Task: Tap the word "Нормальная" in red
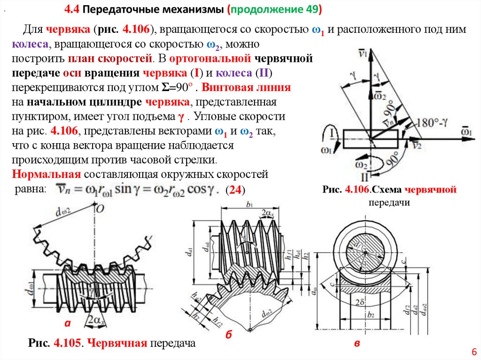(x=46, y=175)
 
